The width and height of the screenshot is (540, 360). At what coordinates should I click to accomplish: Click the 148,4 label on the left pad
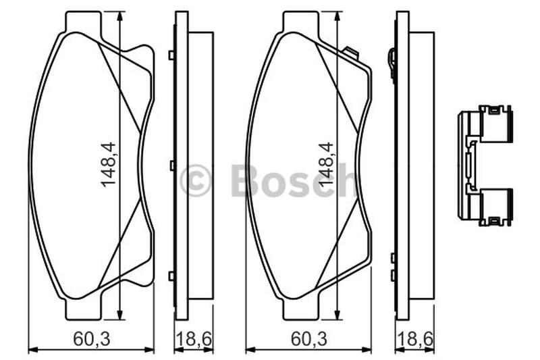(x=109, y=165)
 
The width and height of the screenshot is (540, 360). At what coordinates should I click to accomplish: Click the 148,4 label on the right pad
(x=326, y=165)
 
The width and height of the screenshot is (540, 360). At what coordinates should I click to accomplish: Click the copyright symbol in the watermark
(x=195, y=180)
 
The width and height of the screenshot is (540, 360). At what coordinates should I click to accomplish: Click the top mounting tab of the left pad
(x=84, y=22)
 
